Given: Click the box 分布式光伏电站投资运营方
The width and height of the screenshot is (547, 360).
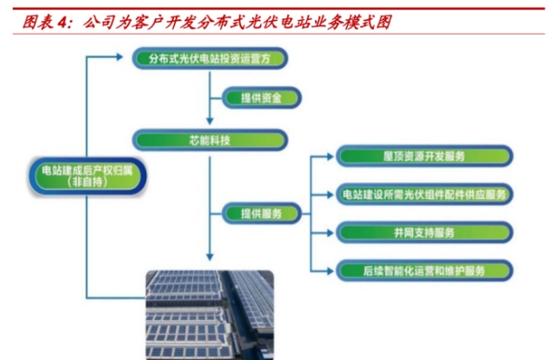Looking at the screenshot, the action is click(x=210, y=58).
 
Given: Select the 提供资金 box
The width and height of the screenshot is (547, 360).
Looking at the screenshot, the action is click(x=261, y=97).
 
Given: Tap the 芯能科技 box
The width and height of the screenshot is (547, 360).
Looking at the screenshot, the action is click(x=210, y=140).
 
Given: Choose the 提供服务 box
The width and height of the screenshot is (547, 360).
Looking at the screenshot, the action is click(x=261, y=213).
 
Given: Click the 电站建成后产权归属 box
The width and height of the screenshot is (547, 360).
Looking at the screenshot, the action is click(x=87, y=177).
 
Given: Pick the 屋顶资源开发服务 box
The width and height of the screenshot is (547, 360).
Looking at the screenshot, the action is click(x=424, y=156).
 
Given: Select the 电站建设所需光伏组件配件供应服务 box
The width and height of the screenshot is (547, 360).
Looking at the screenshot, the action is click(x=424, y=194).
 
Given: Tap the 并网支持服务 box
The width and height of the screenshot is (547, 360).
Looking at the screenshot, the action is click(x=424, y=232).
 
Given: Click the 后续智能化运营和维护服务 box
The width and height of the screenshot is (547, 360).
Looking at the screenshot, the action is click(x=424, y=270).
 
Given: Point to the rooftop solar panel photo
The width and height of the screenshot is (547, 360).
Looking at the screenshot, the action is click(x=210, y=315).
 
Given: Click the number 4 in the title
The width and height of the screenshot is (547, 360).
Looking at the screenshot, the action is click(x=62, y=23).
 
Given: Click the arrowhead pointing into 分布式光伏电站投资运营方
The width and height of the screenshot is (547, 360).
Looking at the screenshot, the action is click(x=120, y=57).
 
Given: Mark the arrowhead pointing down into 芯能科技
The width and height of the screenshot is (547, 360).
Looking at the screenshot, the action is click(x=210, y=121).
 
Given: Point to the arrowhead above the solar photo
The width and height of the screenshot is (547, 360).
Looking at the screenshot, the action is click(x=210, y=257).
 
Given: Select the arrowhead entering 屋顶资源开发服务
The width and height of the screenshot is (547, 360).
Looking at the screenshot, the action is click(x=330, y=157).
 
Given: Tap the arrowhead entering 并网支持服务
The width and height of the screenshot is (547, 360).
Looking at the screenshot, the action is click(x=330, y=233).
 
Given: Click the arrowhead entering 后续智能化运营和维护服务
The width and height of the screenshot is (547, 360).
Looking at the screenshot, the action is click(x=330, y=270).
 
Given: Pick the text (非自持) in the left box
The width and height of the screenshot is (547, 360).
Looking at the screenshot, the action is click(x=87, y=182).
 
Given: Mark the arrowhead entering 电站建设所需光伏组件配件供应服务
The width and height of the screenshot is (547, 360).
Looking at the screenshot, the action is click(x=330, y=195).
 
